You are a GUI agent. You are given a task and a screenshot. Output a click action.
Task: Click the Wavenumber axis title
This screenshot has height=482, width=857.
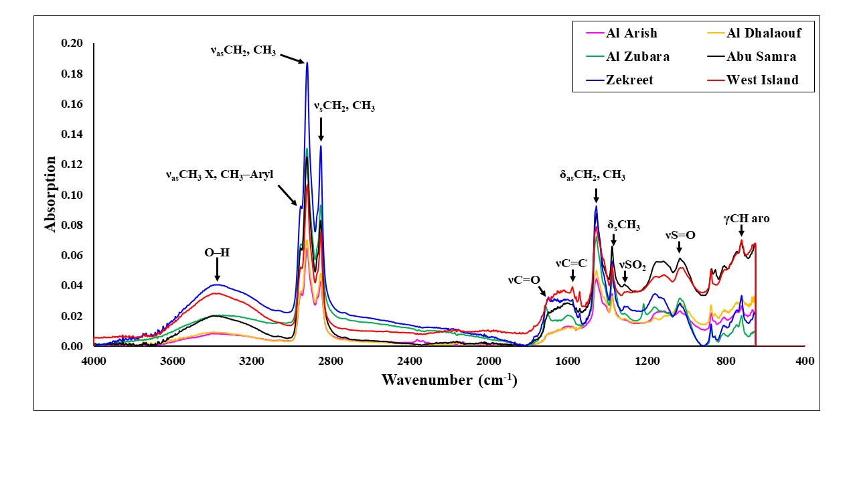coord(449,380)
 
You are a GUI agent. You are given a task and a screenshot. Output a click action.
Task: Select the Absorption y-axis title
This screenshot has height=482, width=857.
coord(51,194)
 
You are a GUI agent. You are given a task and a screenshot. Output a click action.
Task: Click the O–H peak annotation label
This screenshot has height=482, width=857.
coord(217,252)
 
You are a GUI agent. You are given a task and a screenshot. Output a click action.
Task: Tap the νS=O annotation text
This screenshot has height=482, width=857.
coord(680,235)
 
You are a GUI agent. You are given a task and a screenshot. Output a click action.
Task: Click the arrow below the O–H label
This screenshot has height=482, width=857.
coord(217,271)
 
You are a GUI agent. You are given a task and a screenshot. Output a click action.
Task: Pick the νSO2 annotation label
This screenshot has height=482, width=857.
coord(631,266)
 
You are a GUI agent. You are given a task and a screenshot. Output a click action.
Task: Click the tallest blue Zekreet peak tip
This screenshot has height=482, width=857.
coord(307,62)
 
